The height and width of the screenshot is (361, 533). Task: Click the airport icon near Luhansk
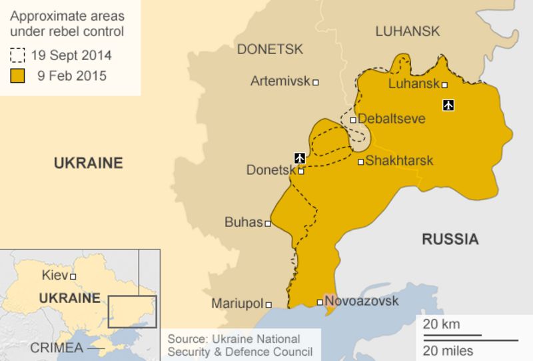pos(448,105)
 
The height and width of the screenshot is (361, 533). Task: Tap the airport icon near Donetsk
pos(299,157)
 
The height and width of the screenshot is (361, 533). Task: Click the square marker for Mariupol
pos(269,304)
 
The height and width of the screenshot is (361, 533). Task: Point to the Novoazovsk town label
pos(362,301)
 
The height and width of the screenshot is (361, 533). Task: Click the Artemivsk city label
pos(280,81)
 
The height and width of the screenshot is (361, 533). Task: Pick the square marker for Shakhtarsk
pos(360,161)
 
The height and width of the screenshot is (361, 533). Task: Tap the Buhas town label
pos(243,222)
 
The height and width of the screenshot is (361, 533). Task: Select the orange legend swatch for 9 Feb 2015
pos(17,75)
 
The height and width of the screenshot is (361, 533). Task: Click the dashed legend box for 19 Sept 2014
pos(17,55)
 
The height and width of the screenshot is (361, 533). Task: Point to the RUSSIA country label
pos(450,239)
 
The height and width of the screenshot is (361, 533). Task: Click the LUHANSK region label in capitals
pos(408,31)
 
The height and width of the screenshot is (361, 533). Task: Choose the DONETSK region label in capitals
pos(270,49)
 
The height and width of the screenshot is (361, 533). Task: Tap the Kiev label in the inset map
pos(55,275)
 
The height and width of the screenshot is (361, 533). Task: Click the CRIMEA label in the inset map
pos(57,348)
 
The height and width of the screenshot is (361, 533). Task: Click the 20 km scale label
pos(441,324)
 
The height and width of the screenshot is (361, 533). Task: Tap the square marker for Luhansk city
pos(444,85)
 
